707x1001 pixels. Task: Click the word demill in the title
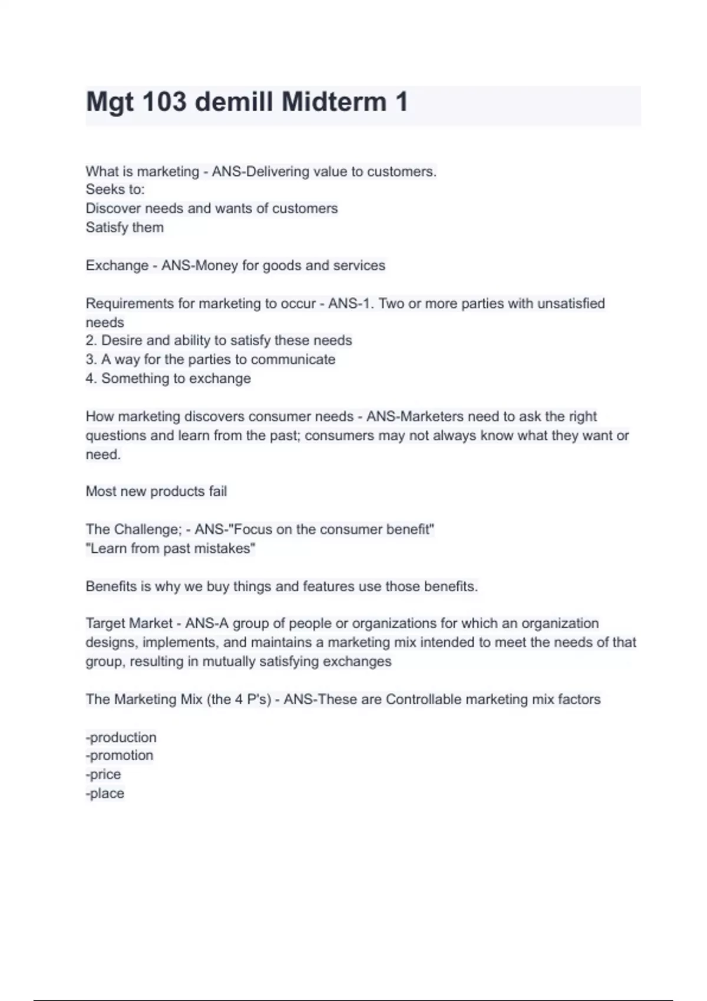click(x=234, y=102)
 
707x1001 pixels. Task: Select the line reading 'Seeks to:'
click(x=115, y=190)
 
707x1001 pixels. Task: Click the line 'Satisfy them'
click(x=124, y=227)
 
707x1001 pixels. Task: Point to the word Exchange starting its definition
click(x=117, y=266)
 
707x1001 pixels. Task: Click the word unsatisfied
click(x=570, y=303)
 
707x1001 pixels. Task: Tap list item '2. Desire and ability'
click(x=219, y=340)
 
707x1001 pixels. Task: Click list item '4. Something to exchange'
click(x=168, y=378)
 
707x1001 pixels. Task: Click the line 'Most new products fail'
click(x=156, y=491)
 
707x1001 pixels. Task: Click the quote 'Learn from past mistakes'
click(x=170, y=548)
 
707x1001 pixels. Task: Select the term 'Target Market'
click(x=129, y=623)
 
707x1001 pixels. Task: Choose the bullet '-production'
click(x=121, y=737)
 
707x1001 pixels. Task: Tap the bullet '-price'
click(x=103, y=774)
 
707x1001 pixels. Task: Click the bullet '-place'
click(x=105, y=793)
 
